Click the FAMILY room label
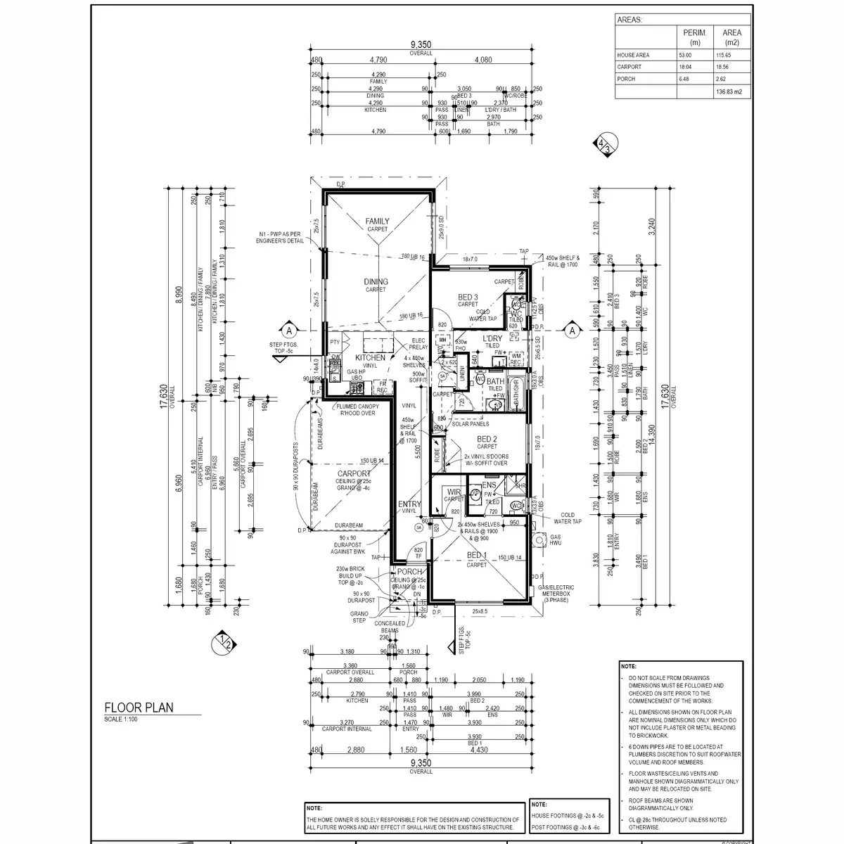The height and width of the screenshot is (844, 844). [377, 222]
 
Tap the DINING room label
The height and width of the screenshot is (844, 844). [376, 282]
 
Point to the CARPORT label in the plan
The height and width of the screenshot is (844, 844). [354, 474]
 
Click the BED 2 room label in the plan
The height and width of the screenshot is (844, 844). [487, 439]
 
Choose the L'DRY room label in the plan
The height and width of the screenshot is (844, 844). [491, 339]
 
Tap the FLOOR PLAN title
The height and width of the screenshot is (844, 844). [139, 708]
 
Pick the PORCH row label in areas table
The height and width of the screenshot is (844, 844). [626, 79]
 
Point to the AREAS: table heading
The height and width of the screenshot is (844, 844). [629, 20]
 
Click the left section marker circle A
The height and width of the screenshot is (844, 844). [288, 328]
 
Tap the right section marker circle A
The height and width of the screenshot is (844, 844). [572, 329]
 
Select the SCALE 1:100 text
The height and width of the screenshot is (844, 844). [122, 719]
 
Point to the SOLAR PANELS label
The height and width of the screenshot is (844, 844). [471, 423]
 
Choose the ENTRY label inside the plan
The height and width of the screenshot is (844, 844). [409, 504]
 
